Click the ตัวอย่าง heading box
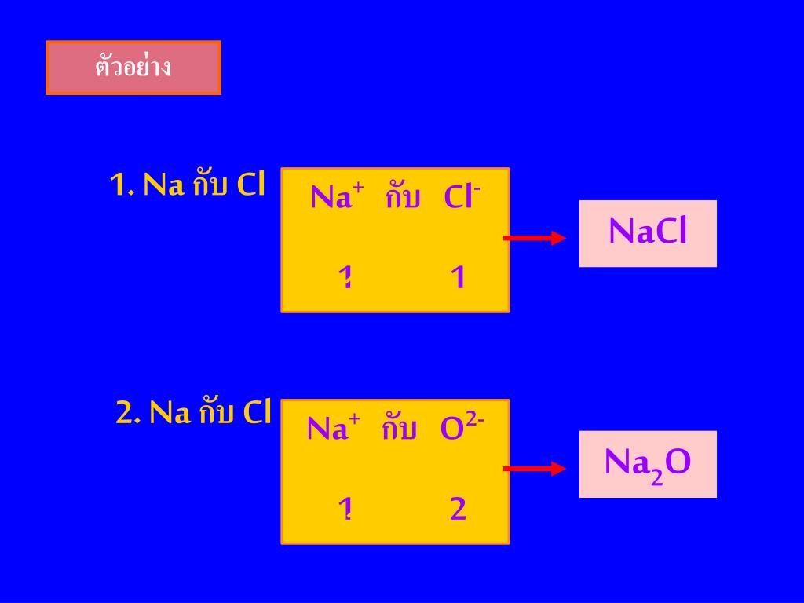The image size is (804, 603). coord(133,68)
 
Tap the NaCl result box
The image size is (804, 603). coord(648,233)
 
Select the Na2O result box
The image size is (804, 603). coord(648,464)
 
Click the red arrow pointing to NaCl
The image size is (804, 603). coord(534,238)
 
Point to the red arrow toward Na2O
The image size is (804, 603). coord(534,469)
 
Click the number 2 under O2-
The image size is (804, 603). coord(459,510)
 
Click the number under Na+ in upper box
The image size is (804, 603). coord(343,278)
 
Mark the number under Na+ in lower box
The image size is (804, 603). coord(343,510)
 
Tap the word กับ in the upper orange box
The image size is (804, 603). coord(403,197)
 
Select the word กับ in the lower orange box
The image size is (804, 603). coord(400,429)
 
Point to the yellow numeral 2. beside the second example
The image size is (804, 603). coord(128,412)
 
